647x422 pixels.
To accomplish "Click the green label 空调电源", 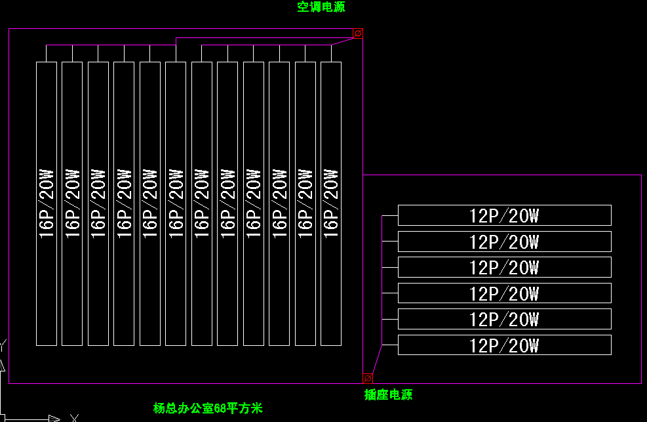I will (x=321, y=7).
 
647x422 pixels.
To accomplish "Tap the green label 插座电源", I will (x=388, y=394).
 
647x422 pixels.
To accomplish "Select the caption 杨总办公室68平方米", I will (x=208, y=408).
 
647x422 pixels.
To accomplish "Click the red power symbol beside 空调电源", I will (x=358, y=33).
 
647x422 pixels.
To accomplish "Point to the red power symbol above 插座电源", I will (x=368, y=378).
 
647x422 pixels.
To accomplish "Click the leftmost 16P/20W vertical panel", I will (x=46, y=203).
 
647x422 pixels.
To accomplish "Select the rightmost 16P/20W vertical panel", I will (x=331, y=203).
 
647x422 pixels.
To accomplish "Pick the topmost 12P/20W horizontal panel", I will (x=504, y=215).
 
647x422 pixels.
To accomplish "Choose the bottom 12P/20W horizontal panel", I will (x=504, y=345).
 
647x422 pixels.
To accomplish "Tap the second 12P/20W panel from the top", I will (x=504, y=242).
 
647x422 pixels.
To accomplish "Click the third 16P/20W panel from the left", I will (x=98, y=203).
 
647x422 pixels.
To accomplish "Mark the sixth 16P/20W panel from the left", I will (x=176, y=203).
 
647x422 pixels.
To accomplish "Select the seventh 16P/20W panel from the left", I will (x=201, y=203).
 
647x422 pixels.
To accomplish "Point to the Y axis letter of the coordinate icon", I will (x=3, y=344).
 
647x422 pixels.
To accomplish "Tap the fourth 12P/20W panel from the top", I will (x=504, y=293).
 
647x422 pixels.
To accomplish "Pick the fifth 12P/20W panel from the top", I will (x=504, y=319).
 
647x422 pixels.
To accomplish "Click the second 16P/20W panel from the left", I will (x=72, y=203).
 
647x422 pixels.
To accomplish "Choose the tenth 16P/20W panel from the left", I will (x=279, y=203).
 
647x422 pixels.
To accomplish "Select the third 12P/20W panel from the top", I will (x=504, y=267).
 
